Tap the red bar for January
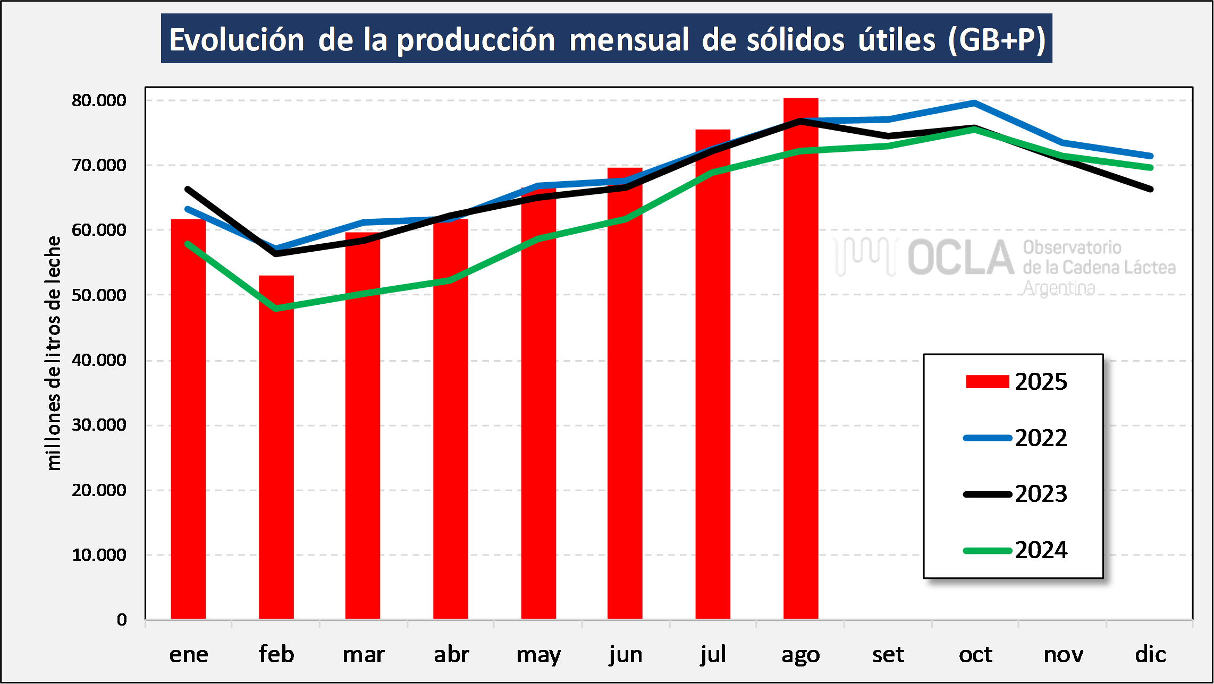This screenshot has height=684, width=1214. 188,419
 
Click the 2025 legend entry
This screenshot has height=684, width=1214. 1015,381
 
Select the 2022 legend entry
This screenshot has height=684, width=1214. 1015,438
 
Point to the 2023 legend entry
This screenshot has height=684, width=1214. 1015,494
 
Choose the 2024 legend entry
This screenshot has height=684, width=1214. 1015,550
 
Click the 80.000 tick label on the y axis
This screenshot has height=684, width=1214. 99,100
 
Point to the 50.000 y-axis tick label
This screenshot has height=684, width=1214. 99,295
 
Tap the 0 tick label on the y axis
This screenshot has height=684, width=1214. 122,620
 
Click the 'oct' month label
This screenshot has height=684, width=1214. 975,654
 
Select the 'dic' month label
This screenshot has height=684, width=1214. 1150,654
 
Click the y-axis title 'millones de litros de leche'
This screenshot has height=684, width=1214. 53,353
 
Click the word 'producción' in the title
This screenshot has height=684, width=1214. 476,40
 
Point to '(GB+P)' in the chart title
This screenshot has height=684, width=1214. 997,40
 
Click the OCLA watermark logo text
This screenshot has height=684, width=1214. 960,258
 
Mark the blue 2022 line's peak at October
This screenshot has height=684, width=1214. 974,102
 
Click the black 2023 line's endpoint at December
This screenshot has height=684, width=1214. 1150,189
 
